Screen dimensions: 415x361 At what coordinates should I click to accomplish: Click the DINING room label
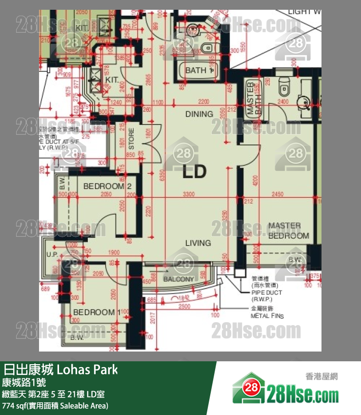(199, 114)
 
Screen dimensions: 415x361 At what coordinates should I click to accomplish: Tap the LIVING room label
(198, 243)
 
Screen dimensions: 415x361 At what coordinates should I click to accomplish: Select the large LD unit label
(195, 172)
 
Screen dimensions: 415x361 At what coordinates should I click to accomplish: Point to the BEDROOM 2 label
(108, 186)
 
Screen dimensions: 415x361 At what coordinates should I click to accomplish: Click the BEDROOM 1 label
(95, 312)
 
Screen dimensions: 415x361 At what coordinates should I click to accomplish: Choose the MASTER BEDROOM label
(288, 230)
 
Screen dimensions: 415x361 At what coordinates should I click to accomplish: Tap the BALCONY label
(179, 279)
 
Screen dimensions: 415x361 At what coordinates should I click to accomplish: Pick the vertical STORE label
(131, 139)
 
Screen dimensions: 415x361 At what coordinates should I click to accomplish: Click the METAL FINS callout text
(267, 315)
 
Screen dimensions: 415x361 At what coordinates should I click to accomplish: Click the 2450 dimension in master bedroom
(278, 194)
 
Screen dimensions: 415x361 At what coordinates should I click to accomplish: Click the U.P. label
(52, 254)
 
